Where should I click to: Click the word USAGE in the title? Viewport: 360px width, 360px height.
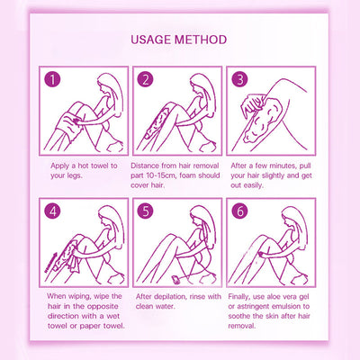click(x=151, y=40)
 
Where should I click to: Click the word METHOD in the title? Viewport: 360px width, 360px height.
click(x=201, y=40)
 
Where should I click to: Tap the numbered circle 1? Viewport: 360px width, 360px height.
click(x=52, y=79)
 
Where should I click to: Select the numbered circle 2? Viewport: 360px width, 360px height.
click(x=146, y=79)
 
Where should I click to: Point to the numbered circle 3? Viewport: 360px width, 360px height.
click(x=239, y=79)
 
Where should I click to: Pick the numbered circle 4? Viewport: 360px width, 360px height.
click(x=52, y=211)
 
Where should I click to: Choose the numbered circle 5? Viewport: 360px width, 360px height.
click(x=146, y=211)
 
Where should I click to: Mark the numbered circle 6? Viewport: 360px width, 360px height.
click(x=239, y=211)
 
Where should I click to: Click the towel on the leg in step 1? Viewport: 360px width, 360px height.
click(x=68, y=127)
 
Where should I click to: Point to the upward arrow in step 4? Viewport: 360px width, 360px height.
click(x=50, y=263)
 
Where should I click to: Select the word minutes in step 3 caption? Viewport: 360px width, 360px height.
click(x=283, y=166)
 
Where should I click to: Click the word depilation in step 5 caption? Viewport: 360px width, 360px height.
click(x=169, y=297)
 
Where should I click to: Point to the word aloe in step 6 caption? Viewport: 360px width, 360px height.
click(x=274, y=297)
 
